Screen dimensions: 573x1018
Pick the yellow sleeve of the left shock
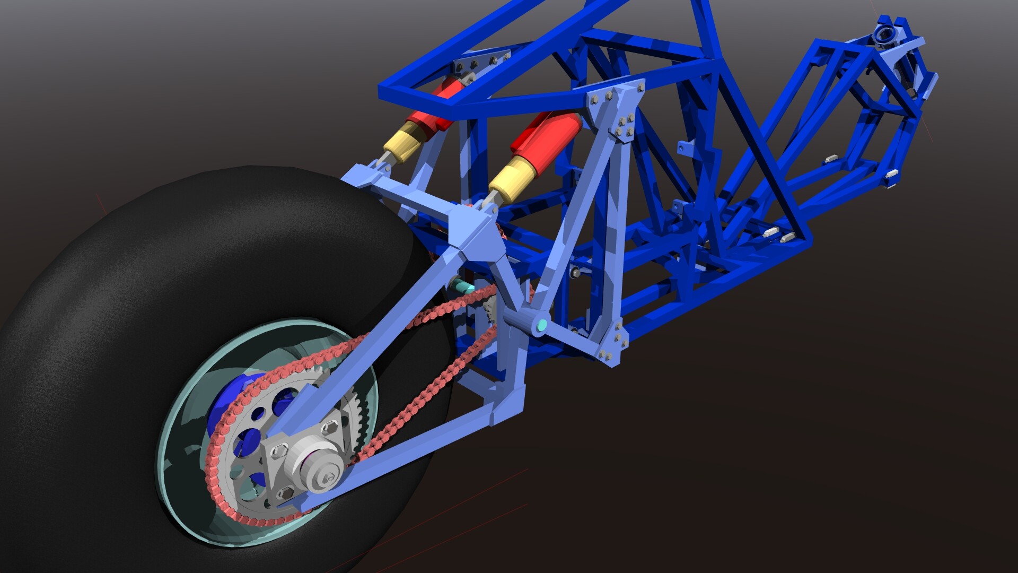(406, 139)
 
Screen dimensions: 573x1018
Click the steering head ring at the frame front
(885, 35)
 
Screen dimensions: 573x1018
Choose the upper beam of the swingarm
(371, 340)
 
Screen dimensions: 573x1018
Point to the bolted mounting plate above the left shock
(480, 64)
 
